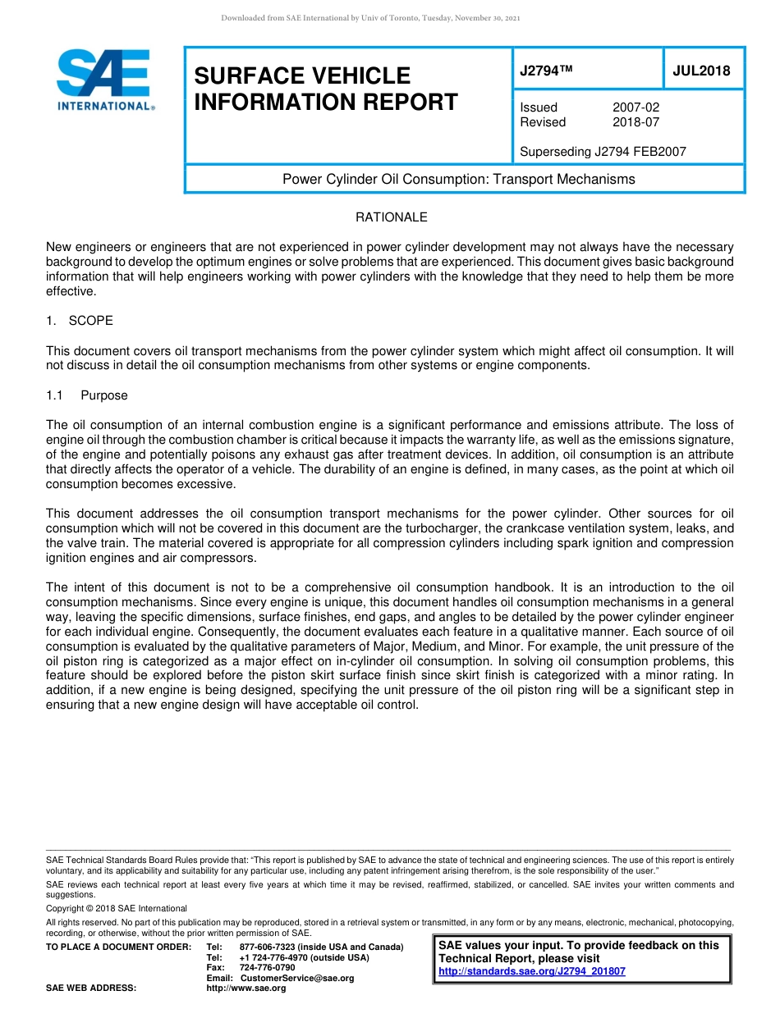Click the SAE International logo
click(x=104, y=80)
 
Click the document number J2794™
click(x=545, y=71)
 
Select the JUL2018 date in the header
click(x=701, y=71)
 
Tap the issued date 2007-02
click(x=635, y=107)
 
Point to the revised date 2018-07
click(x=635, y=122)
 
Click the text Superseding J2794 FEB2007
click(x=603, y=151)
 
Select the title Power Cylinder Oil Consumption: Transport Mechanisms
click(x=458, y=179)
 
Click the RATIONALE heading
click(x=391, y=217)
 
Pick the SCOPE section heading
click(x=90, y=320)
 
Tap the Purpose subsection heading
click(x=104, y=395)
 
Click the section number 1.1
click(x=55, y=395)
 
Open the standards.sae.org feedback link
click(x=531, y=971)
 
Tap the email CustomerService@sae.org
click(x=296, y=978)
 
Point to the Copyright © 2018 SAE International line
click(x=117, y=908)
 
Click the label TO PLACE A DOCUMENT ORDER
click(x=118, y=947)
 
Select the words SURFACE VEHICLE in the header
click(x=301, y=75)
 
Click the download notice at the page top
click(x=370, y=17)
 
